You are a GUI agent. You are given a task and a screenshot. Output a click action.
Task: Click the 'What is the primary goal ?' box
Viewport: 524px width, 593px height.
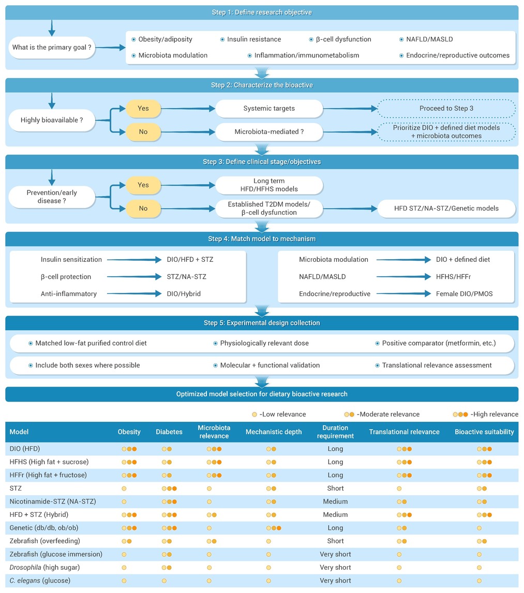(52, 47)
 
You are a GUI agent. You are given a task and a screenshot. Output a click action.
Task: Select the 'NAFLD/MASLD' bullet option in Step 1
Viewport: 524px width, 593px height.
(426, 39)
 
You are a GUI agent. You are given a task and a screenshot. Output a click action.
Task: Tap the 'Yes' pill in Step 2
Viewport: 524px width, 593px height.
(143, 109)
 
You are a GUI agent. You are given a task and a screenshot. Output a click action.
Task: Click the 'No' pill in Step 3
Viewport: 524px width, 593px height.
(143, 209)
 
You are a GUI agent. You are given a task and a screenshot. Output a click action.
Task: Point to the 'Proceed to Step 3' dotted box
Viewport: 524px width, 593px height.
(446, 109)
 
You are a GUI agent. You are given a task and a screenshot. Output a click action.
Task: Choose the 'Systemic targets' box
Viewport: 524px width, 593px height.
(269, 109)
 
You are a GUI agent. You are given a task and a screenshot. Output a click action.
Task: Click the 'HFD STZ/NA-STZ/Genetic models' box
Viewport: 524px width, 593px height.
(446, 209)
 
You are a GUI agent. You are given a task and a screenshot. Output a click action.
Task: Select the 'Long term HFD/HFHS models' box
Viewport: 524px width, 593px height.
(269, 185)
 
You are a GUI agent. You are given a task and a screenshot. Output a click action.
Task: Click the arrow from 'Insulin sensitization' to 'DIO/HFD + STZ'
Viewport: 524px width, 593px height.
(134, 260)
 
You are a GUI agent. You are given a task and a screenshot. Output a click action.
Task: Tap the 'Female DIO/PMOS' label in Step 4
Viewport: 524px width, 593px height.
(465, 294)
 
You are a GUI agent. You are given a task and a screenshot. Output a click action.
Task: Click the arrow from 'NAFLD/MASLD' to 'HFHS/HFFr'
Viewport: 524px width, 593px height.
(404, 277)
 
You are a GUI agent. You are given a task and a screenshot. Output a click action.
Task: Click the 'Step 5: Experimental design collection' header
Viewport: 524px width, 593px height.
(262, 323)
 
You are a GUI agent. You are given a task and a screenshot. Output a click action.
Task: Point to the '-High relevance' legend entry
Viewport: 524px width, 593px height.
(486, 414)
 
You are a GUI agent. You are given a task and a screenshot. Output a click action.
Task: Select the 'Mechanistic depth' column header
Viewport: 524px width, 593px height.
(274, 432)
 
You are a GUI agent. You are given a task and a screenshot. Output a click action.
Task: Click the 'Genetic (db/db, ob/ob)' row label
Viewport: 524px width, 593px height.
(44, 528)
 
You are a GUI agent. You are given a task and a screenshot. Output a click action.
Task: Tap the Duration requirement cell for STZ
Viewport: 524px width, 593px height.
(335, 488)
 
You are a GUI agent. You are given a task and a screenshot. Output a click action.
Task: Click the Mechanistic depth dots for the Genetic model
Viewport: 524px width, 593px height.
(274, 528)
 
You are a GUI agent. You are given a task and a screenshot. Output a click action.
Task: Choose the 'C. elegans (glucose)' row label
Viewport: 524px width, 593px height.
(40, 581)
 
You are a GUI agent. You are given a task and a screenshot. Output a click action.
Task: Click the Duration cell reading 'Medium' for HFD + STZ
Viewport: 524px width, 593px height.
(335, 515)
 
